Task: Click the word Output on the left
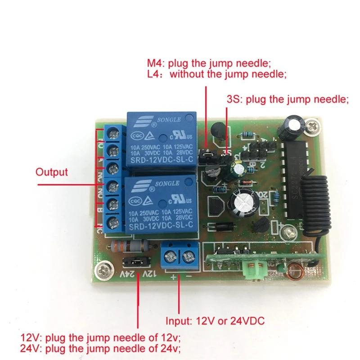pyautogui.click(x=52, y=171)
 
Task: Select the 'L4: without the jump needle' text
pyautogui.click(x=216, y=74)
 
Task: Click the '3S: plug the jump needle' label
pyautogui.click(x=288, y=99)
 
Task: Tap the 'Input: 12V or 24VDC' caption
pyautogui.click(x=215, y=321)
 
